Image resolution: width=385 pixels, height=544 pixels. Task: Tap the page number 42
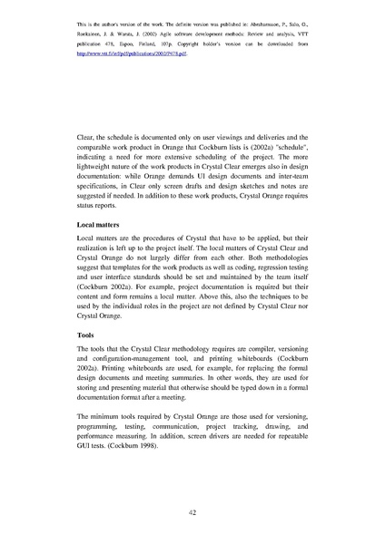192,512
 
